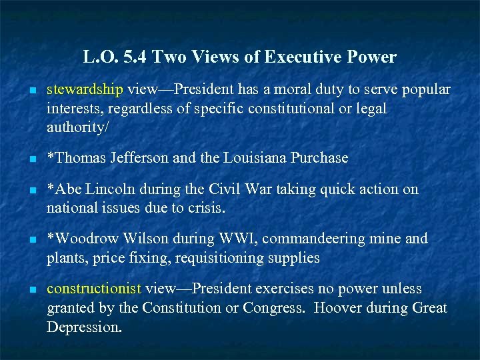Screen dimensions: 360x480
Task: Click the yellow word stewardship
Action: pyautogui.click(x=85, y=89)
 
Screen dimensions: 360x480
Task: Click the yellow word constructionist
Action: pyautogui.click(x=94, y=289)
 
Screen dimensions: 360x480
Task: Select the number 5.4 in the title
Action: pyautogui.click(x=135, y=57)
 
